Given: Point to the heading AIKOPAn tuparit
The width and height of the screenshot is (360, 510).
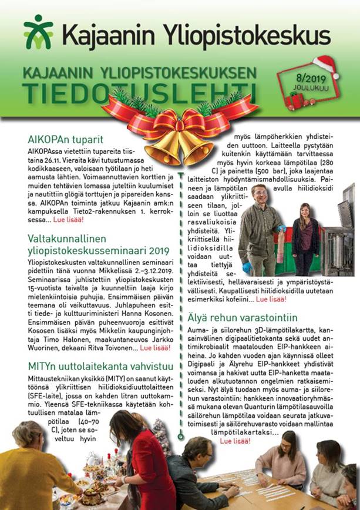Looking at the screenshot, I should pyautogui.click(x=65, y=139).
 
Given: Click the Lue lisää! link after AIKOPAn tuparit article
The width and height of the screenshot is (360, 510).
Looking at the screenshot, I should pyautogui.click(x=68, y=219).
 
